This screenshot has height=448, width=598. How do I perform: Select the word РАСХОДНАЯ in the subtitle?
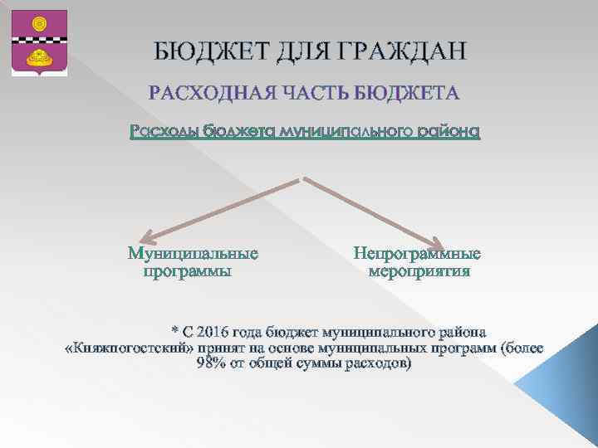pyautogui.click(x=211, y=91)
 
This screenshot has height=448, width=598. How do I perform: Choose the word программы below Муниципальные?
pyautogui.click(x=187, y=270)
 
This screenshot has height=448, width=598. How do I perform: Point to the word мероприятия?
pyautogui.click(x=419, y=270)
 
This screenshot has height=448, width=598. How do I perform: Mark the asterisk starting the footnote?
pyautogui.click(x=174, y=329)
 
